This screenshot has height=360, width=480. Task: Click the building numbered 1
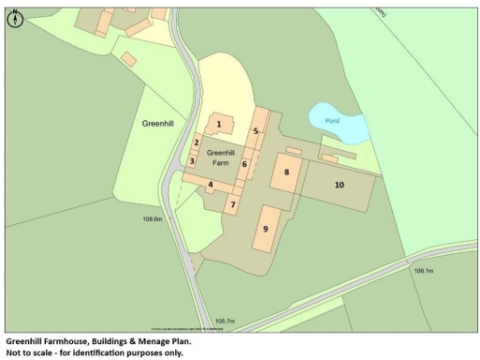218,124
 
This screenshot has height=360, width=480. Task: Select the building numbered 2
196,143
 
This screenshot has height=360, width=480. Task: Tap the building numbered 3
191,160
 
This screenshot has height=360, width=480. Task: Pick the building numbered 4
211,184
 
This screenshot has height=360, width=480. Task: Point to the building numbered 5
255,131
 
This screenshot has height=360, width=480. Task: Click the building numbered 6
245,164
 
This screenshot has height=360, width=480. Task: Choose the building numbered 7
233,202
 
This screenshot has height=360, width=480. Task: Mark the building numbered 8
286,172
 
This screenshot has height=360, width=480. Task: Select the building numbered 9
265,228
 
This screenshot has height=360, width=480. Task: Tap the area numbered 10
339,185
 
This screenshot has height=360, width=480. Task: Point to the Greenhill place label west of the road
157,123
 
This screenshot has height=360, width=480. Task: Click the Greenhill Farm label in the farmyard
220,157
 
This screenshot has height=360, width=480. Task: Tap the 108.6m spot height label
153,218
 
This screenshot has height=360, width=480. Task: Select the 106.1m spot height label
424,270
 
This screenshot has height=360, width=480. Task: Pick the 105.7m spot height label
224,320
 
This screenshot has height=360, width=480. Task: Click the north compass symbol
14,15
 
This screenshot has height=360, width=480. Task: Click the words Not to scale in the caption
32,353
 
